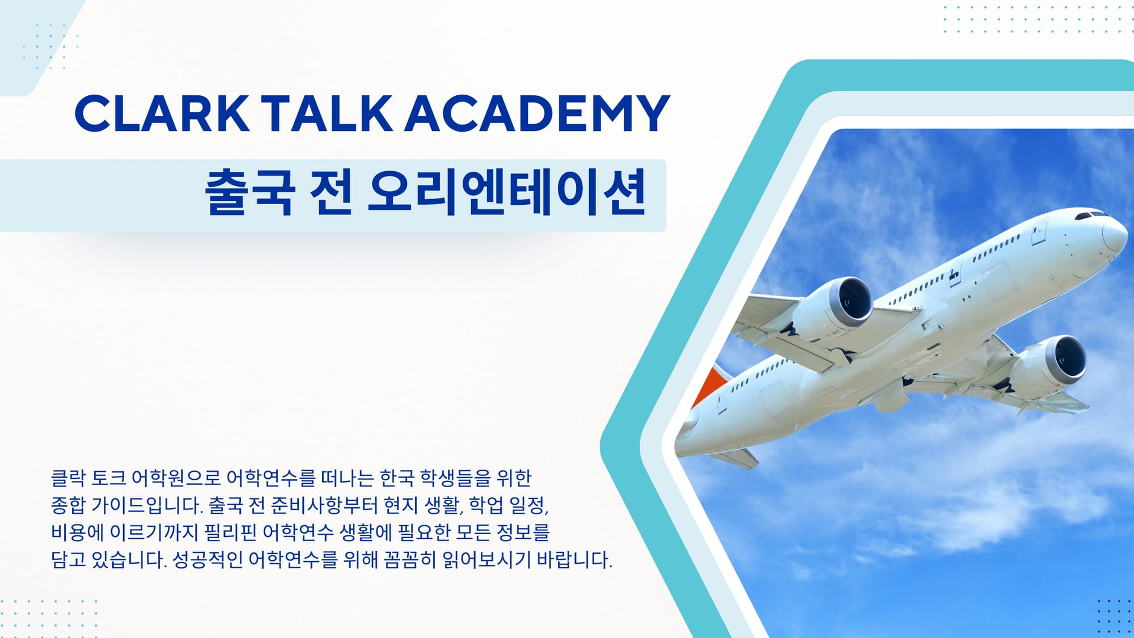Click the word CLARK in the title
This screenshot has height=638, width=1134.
tap(162, 113)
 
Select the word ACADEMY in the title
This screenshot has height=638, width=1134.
tap(538, 113)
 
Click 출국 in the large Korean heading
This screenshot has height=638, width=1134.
tap(249, 192)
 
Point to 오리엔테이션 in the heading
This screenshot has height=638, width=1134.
tap(507, 192)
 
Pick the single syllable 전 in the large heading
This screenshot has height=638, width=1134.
tap(331, 192)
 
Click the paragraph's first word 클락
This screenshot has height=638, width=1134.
tap(68, 478)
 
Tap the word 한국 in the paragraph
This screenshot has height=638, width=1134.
tap(397, 478)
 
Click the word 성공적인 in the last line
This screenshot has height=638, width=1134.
tap(208, 560)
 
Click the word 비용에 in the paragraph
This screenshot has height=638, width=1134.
tap(78, 533)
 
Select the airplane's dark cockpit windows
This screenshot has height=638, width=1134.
tap(1091, 216)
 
